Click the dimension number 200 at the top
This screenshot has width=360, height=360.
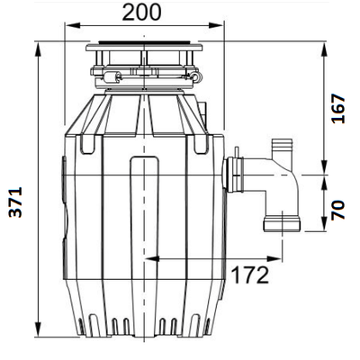pyautogui.click(x=142, y=12)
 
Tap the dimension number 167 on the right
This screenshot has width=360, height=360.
pyautogui.click(x=337, y=108)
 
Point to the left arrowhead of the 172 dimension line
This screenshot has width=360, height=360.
pyautogui.click(x=149, y=258)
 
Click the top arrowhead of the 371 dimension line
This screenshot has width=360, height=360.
pyautogui.click(x=40, y=46)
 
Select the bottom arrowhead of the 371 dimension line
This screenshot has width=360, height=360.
pyautogui.click(x=40, y=331)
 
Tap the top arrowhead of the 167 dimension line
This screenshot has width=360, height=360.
pyautogui.click(x=325, y=46)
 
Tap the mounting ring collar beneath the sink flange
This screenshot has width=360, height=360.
pyautogui.click(x=144, y=72)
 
